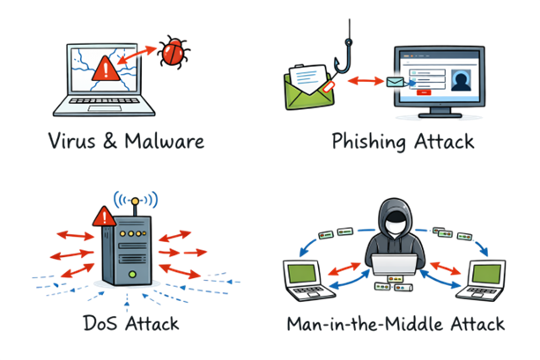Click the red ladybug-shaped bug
170,53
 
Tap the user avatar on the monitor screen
459,80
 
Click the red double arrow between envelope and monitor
362,82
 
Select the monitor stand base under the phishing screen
439,117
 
